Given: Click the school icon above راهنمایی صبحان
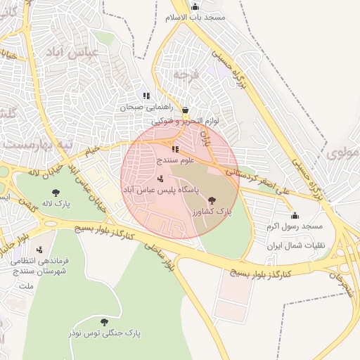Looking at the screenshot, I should pyautogui.click(x=146, y=96).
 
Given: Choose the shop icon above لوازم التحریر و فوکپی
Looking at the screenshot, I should pyautogui.click(x=185, y=110).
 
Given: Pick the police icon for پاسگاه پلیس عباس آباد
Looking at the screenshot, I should pyautogui.click(x=160, y=178).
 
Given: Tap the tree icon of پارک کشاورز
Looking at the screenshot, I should pyautogui.click(x=212, y=200).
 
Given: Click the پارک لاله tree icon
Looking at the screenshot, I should pyautogui.click(x=54, y=192).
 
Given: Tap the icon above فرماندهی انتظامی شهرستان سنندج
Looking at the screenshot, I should pyautogui.click(x=39, y=249).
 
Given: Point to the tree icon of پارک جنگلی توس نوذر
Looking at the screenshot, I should pyautogui.click(x=104, y=322).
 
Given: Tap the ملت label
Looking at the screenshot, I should pyautogui.click(x=25, y=287).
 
